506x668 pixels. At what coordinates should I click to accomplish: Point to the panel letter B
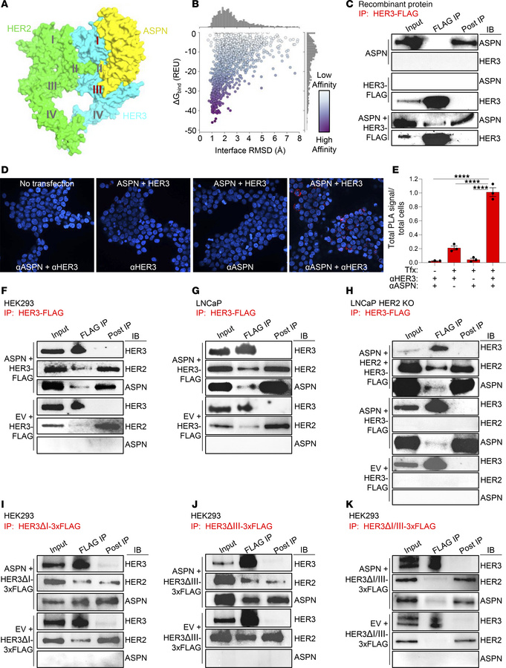(174, 7)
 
